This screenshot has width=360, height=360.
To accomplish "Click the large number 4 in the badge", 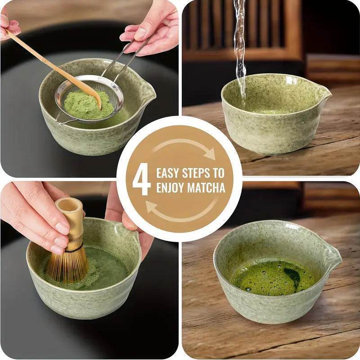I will (141, 180).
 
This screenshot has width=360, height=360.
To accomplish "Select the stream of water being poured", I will (240, 49).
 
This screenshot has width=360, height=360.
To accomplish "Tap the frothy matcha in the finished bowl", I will (265, 277).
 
